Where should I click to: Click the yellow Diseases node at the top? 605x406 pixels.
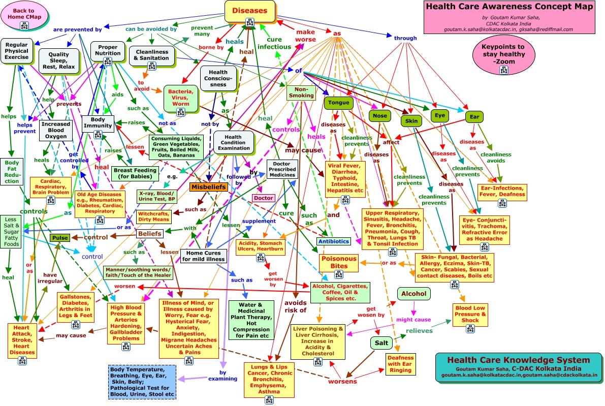(249, 11)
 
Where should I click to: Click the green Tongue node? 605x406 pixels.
(338, 103)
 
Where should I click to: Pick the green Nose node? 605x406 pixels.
(379, 116)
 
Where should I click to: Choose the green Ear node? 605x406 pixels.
(474, 117)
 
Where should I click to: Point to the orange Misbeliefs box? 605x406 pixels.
(208, 187)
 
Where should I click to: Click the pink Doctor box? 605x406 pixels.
(263, 198)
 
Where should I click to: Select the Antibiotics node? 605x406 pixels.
(333, 241)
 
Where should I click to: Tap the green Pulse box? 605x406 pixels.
(59, 238)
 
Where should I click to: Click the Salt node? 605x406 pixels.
(381, 343)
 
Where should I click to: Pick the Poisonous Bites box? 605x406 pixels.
(339, 262)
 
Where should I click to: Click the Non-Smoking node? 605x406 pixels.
(301, 91)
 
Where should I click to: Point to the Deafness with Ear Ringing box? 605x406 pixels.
(400, 364)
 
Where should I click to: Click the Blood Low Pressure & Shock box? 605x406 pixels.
(470, 314)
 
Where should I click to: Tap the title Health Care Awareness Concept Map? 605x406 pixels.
(510, 7)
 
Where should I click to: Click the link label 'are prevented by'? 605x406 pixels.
(74, 29)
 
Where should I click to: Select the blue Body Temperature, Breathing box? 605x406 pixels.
(142, 381)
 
